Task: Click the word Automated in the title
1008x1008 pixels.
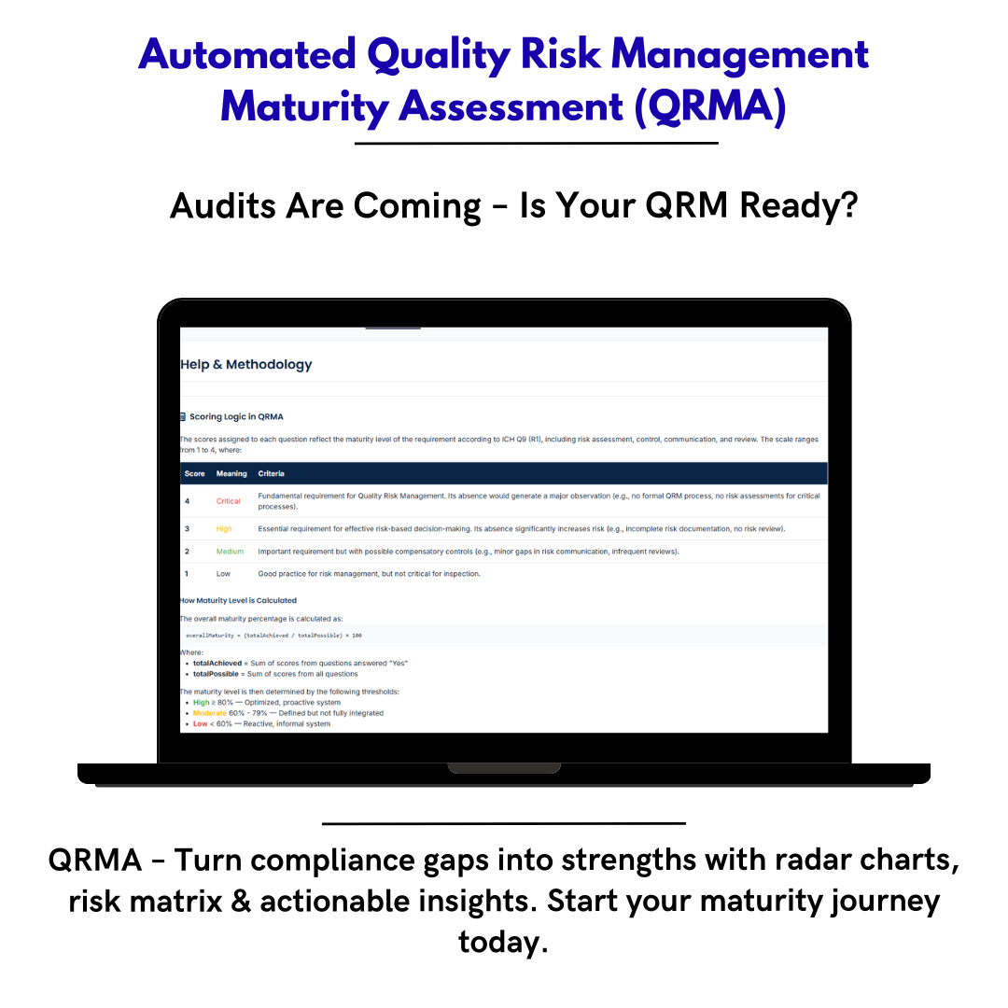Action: [x=246, y=56]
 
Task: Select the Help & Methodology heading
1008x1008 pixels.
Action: [x=246, y=365]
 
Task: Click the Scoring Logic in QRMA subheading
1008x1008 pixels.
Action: [x=236, y=416]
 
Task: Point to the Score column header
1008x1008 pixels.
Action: [x=194, y=473]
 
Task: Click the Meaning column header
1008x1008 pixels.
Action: [x=231, y=473]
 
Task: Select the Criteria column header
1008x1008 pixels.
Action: [x=272, y=473]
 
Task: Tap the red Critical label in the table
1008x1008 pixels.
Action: [x=229, y=501]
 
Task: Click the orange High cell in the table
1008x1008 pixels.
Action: [x=224, y=529]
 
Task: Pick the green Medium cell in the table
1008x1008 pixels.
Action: [x=230, y=552]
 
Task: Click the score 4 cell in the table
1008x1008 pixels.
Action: [x=187, y=501]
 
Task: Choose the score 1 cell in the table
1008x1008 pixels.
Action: [x=187, y=574]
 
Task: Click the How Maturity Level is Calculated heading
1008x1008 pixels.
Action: [x=239, y=600]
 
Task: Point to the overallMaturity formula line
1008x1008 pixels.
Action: [x=273, y=635]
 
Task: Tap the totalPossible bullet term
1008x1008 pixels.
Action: [x=216, y=674]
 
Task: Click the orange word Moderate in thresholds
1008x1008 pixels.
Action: [x=209, y=713]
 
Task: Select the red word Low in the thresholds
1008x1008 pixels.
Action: [x=200, y=724]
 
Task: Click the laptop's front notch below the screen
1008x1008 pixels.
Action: [x=504, y=768]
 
